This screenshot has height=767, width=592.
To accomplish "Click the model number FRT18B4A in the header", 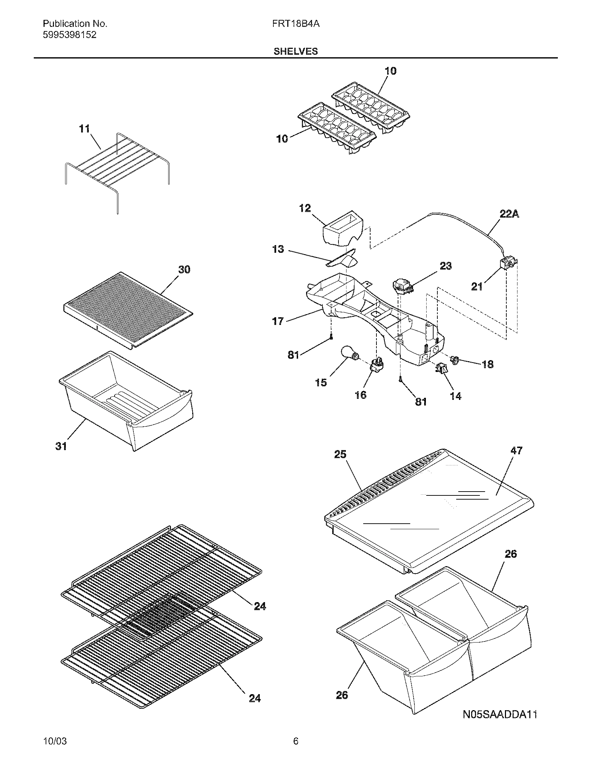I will tap(296, 24).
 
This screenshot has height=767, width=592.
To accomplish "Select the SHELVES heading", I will tap(296, 52).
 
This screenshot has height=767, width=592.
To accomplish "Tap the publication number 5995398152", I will tap(69, 35).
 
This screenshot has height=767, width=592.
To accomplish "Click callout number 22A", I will tap(509, 214).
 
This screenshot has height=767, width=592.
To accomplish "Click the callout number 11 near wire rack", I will tap(84, 129).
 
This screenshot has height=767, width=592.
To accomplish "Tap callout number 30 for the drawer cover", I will tap(184, 269).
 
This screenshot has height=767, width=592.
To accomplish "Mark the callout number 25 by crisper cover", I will tap(340, 454).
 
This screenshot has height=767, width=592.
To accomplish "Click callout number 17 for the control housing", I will tap(278, 321).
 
